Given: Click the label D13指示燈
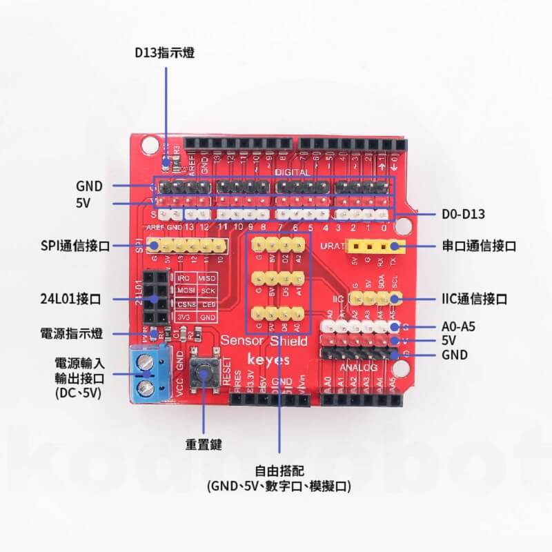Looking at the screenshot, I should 164,52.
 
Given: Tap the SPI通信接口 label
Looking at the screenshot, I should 75,245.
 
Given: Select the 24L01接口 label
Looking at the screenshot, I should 71,299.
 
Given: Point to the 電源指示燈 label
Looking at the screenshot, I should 72,334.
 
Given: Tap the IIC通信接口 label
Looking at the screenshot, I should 475,299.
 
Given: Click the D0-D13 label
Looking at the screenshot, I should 463,215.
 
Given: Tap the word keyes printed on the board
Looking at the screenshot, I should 266,360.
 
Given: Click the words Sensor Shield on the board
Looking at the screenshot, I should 264,341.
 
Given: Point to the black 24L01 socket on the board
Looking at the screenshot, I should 155,299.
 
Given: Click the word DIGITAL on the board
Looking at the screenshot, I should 293,171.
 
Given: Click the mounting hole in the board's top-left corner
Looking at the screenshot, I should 150,144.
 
